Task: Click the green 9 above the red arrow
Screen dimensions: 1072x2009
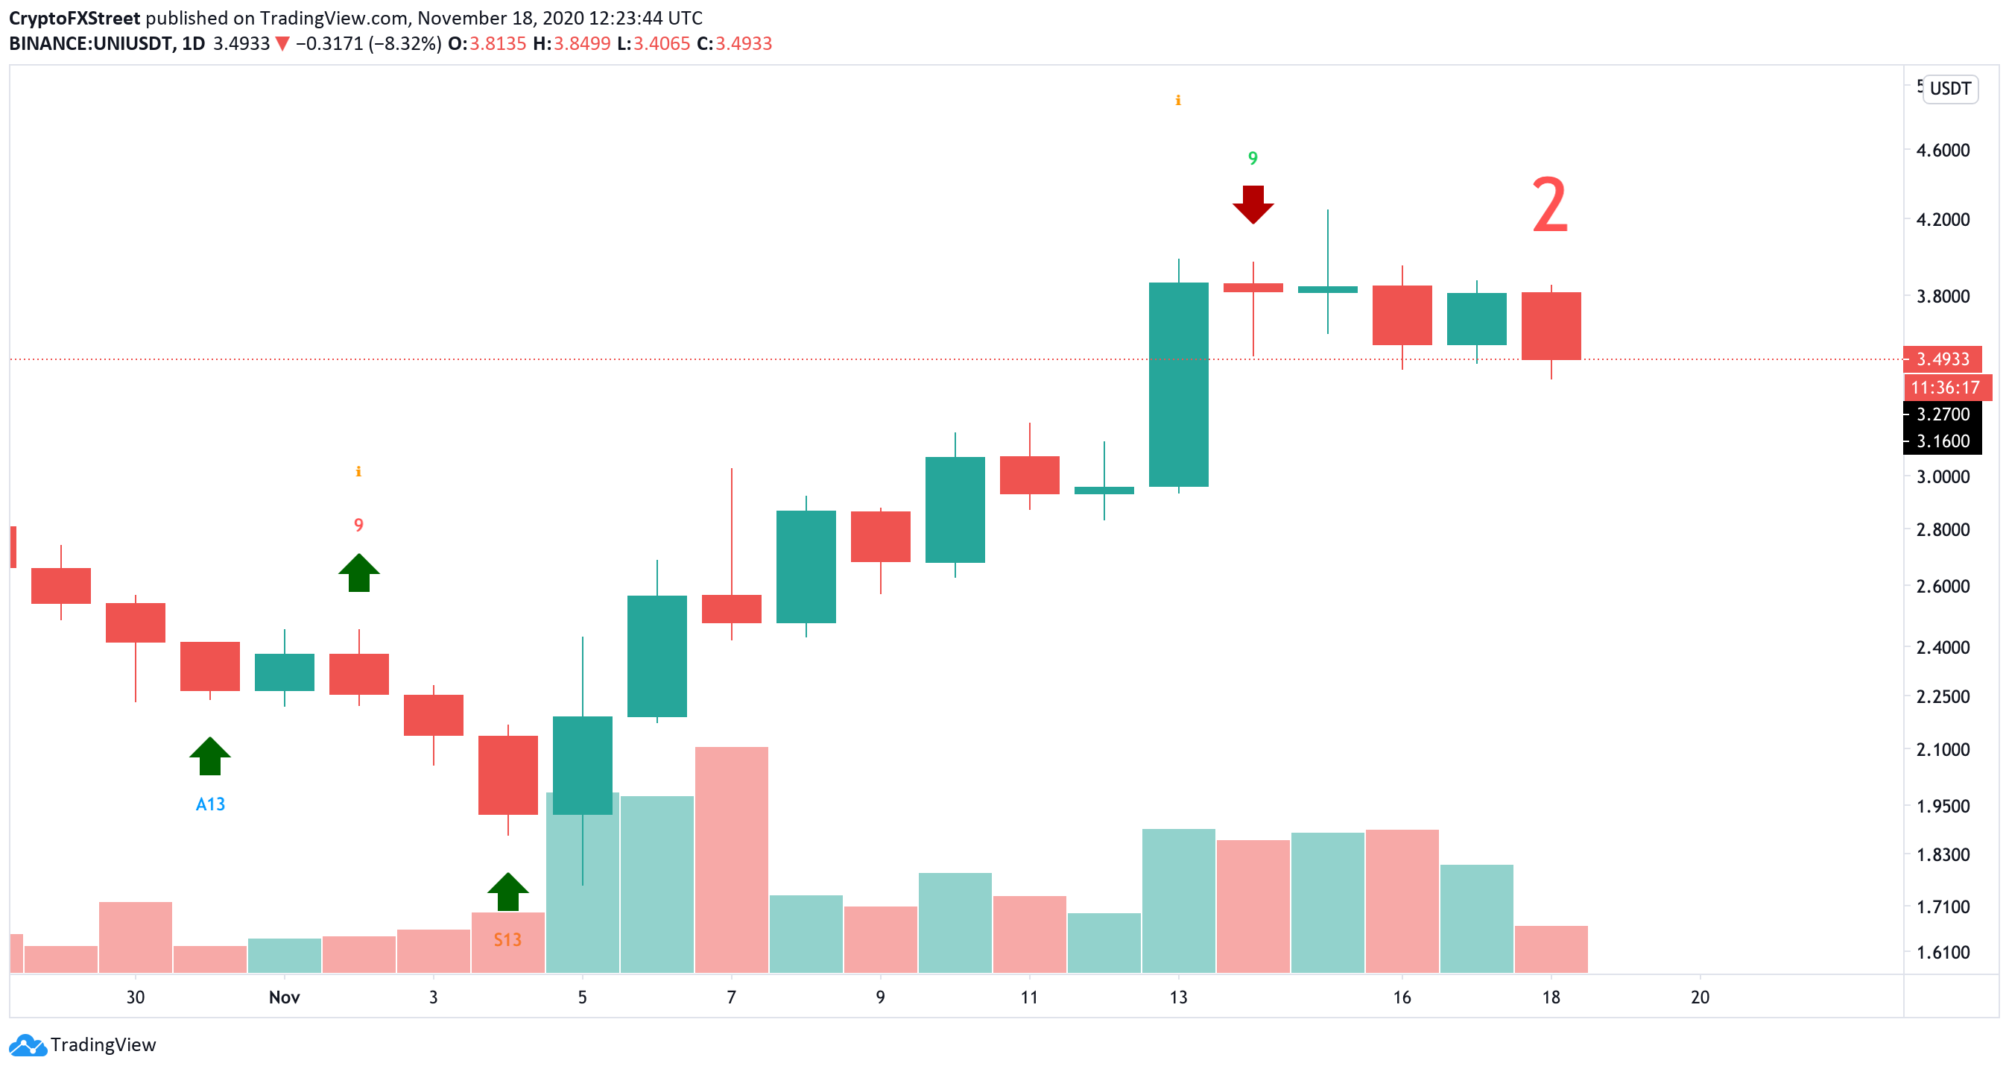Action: click(x=1253, y=158)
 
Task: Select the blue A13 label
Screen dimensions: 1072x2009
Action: click(x=210, y=804)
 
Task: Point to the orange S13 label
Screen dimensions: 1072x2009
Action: click(x=507, y=940)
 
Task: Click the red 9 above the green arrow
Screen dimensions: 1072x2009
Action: click(x=358, y=525)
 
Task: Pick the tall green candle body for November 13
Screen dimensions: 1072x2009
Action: click(x=1178, y=385)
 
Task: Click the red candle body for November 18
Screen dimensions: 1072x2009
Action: click(x=1551, y=326)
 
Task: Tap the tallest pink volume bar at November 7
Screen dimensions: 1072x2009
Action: click(x=731, y=858)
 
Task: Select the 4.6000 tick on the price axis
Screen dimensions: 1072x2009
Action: click(x=1942, y=151)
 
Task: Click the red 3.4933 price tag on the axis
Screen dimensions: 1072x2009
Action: click(x=1942, y=359)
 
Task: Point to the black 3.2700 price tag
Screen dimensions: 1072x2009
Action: click(x=1942, y=414)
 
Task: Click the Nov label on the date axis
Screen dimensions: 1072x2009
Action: click(x=284, y=997)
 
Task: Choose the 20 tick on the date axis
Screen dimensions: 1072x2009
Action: click(x=1700, y=997)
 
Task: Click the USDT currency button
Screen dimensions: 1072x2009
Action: click(x=1949, y=89)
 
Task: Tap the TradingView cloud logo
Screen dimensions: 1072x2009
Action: click(x=28, y=1045)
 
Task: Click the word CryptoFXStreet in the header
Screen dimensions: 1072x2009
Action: click(x=75, y=18)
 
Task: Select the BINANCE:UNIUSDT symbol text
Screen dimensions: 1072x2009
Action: click(x=90, y=44)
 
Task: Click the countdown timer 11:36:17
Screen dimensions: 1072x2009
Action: click(x=1945, y=388)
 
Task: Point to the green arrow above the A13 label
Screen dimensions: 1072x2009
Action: click(x=210, y=756)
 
